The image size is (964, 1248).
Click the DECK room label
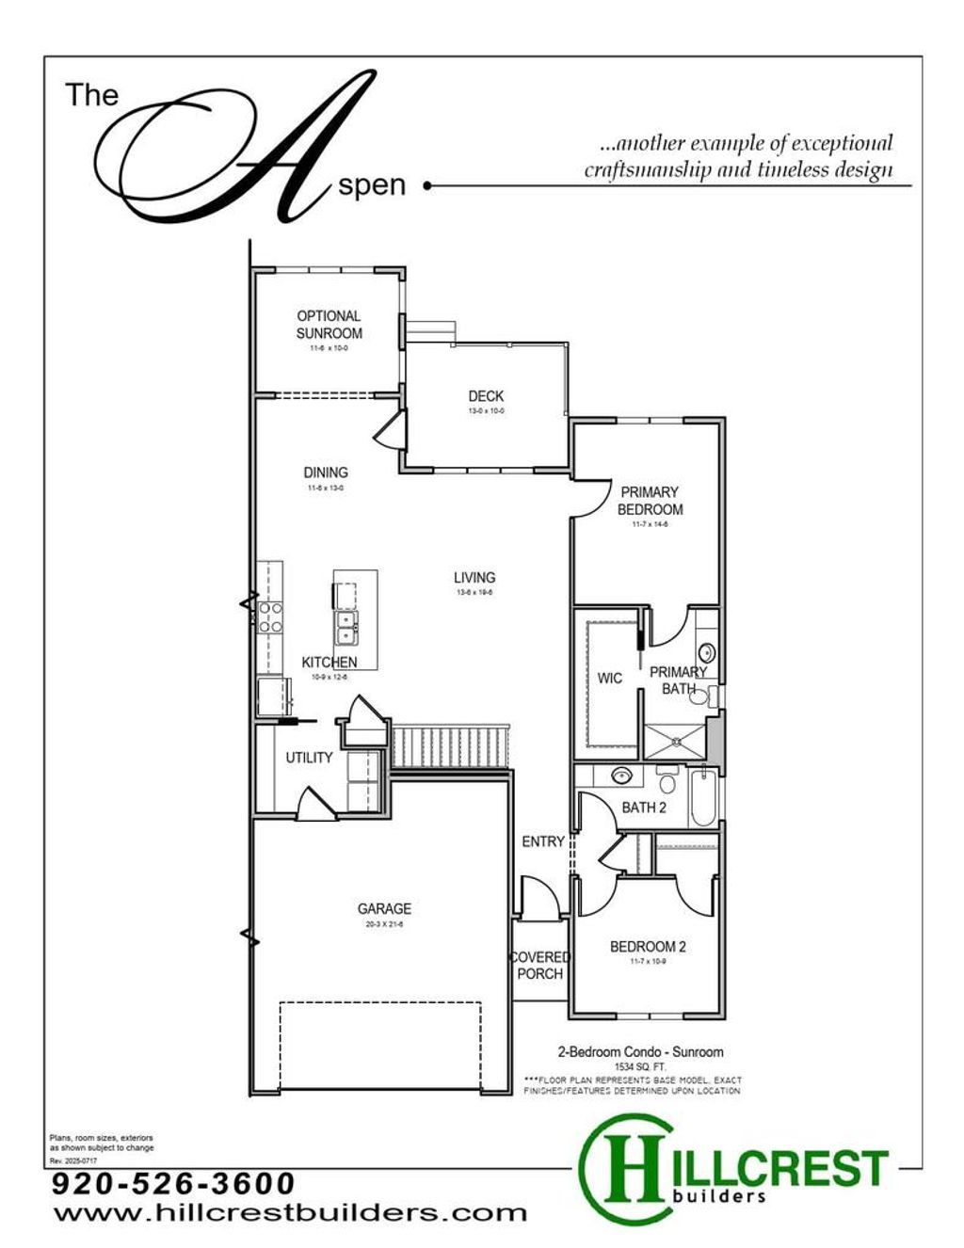486,396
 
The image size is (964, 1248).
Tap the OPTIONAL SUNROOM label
329,325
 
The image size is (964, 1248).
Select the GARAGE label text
384,909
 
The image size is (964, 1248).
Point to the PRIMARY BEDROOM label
650,501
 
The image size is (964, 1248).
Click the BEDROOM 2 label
648,947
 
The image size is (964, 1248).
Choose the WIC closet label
609,678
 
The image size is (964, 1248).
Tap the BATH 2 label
644,808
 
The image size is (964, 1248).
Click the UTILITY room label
309,758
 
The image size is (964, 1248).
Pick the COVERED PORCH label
539,966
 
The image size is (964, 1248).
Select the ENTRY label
543,841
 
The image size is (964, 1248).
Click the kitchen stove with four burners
270,616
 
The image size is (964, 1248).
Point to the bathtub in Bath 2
702,799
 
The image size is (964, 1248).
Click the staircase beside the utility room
450,746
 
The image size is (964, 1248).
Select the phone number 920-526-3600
173,1183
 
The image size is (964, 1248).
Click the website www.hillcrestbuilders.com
290,1212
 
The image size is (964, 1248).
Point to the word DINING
326,472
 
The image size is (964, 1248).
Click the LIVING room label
474,578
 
